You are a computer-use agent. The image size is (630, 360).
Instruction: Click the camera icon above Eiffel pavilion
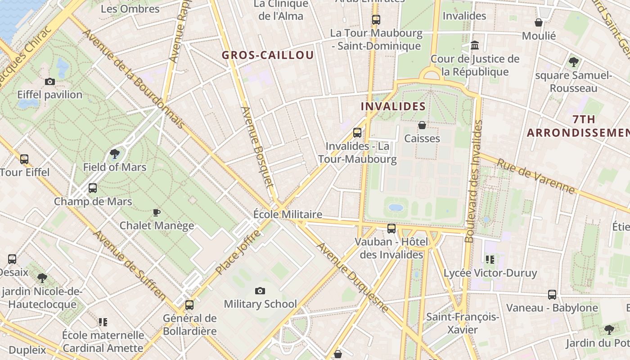[x=50, y=81]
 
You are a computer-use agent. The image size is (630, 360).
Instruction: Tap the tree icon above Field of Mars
[x=115, y=154]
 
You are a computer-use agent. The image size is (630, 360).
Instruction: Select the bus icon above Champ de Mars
[x=93, y=188]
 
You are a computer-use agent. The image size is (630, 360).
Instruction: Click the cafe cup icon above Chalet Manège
[x=157, y=212]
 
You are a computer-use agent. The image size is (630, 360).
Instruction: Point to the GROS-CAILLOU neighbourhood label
[x=268, y=55]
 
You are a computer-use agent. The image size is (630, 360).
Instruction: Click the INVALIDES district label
[x=393, y=107]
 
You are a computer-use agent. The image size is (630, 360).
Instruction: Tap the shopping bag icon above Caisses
[x=422, y=125]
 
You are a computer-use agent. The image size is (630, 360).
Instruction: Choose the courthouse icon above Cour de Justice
[x=475, y=45]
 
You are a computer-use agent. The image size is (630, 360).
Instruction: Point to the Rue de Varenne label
[x=535, y=175]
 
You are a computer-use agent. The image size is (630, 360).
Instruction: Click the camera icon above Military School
[x=260, y=291]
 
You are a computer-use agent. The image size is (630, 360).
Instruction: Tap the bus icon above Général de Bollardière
[x=189, y=305]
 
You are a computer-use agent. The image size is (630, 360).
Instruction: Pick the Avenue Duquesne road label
[x=352, y=277]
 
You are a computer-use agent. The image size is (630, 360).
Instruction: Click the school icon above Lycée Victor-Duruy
[x=490, y=260]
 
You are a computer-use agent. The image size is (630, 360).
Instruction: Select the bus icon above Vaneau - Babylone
[x=552, y=295]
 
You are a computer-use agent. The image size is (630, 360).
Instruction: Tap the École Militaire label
[x=288, y=214]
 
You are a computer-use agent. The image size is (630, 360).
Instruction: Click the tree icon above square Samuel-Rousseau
[x=573, y=62]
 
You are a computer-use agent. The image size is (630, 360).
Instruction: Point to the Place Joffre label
[x=238, y=252]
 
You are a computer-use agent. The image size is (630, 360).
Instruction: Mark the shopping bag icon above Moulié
[x=539, y=22]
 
